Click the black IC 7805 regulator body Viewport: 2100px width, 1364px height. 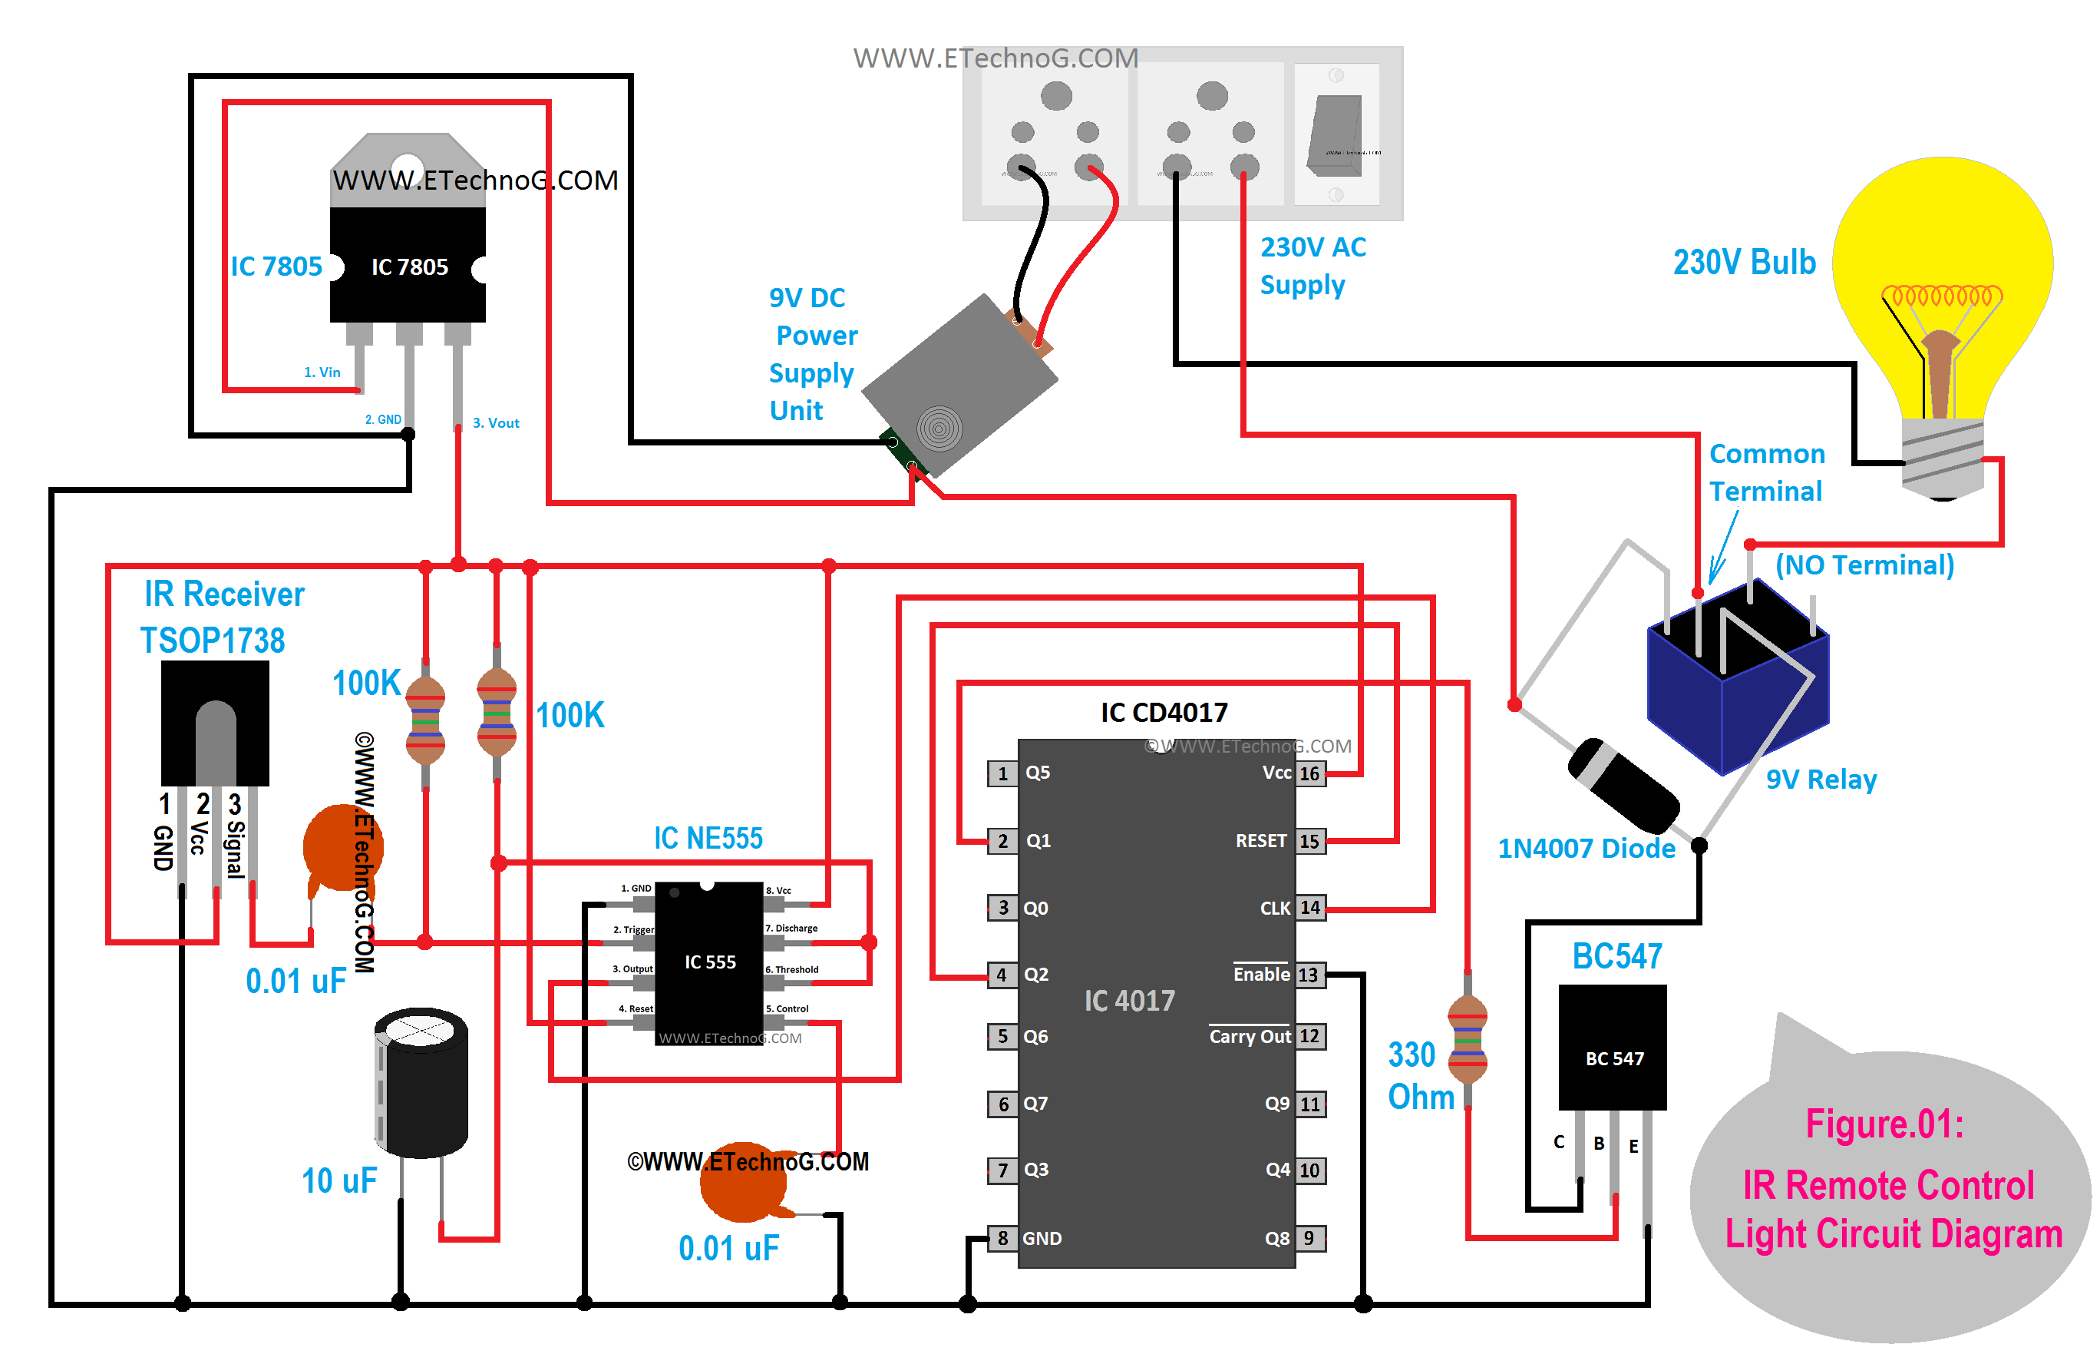tap(407, 265)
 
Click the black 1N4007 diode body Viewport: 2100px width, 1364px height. tap(1623, 784)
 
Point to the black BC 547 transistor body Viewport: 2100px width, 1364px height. tap(1612, 1047)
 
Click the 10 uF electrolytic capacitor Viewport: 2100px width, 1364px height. tap(421, 1082)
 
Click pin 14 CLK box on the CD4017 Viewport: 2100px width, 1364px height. tap(1310, 908)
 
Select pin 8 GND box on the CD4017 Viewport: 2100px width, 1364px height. tap(1002, 1238)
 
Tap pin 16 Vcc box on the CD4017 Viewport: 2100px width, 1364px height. tap(1309, 773)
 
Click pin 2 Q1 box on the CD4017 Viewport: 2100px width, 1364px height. tap(1002, 840)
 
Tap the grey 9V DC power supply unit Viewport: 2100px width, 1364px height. tap(960, 386)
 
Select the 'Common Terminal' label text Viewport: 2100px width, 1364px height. tap(1765, 472)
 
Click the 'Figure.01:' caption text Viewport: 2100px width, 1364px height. tap(1885, 1124)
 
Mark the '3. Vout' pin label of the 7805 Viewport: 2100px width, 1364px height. tap(496, 423)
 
